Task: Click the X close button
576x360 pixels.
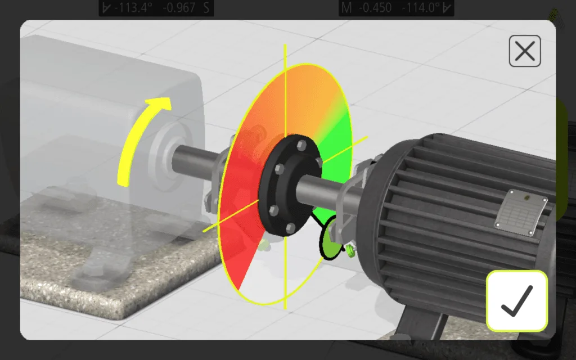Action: click(524, 52)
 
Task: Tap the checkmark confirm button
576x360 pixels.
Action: click(516, 301)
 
